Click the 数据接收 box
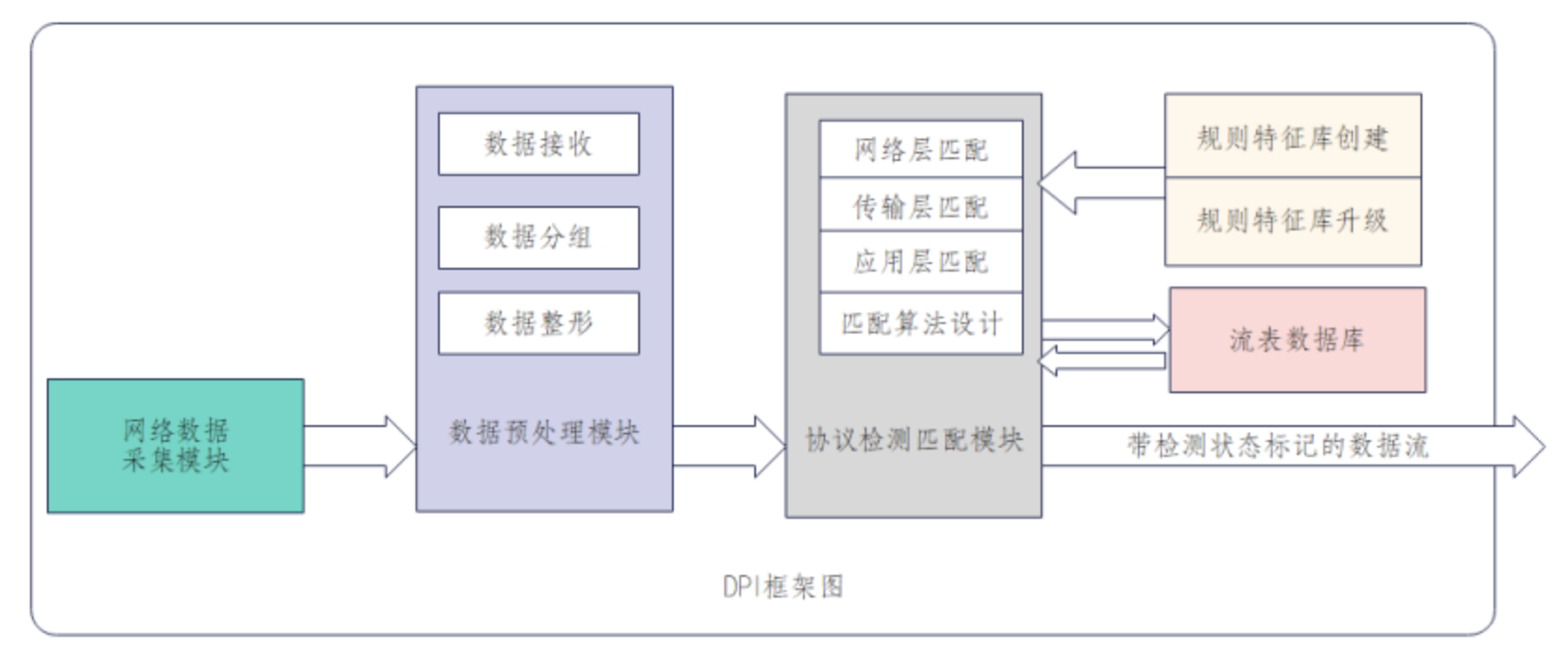538,144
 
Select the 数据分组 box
538,237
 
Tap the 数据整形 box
538,323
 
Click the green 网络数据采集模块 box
176,446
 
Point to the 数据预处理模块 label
544,433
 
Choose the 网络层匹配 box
921,150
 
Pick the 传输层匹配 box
921,205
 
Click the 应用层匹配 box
921,261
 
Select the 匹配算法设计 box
921,323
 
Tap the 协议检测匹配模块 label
914,440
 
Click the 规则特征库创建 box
1292,137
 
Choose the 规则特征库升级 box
1292,221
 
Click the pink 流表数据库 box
1297,339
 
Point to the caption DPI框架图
783,587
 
